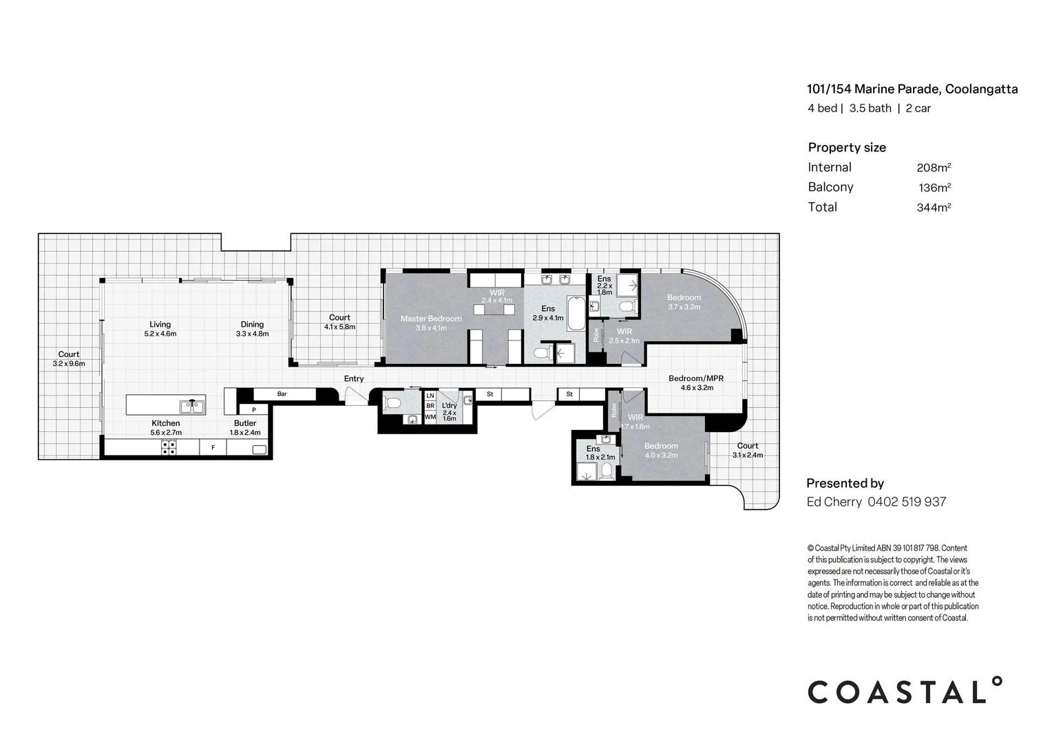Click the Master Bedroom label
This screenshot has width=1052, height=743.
pos(431,319)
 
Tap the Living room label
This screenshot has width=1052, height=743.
pos(160,325)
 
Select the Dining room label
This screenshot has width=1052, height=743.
pos(252,325)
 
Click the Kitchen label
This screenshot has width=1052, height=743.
pos(165,423)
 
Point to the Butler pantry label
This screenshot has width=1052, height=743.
pos(245,423)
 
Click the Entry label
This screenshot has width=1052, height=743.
pos(354,379)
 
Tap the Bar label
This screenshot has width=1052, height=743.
pos(282,394)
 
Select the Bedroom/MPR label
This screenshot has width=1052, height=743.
pos(696,378)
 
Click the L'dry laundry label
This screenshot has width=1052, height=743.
pos(449,406)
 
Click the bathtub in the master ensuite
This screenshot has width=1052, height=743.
pos(576,314)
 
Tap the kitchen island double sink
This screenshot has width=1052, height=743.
pos(193,407)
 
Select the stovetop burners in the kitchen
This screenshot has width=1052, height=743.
pos(168,448)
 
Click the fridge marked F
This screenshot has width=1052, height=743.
pos(213,448)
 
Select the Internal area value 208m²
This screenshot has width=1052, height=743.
pos(934,167)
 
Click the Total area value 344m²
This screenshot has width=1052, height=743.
pos(934,207)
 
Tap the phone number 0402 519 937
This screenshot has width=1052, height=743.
pos(907,502)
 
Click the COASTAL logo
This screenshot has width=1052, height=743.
pos(905,691)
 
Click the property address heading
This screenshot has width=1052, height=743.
pos(912,89)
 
